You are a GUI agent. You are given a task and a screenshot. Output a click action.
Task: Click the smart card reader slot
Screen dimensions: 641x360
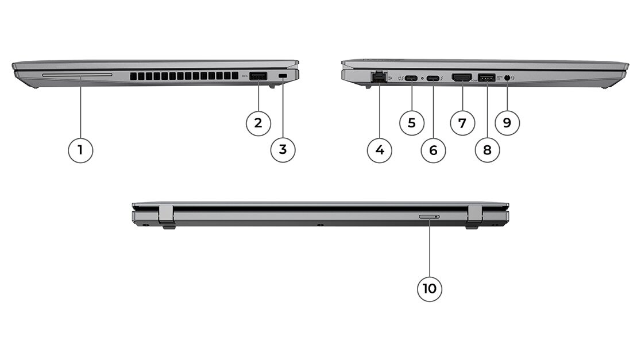(x=77, y=75)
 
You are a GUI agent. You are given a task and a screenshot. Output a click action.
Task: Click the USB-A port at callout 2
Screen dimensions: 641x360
(x=258, y=76)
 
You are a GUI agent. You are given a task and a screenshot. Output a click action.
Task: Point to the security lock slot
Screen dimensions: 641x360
(x=283, y=76)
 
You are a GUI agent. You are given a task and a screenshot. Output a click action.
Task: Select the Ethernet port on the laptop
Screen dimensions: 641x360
(x=379, y=77)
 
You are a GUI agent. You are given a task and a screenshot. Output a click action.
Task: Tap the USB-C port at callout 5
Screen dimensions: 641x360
(x=411, y=78)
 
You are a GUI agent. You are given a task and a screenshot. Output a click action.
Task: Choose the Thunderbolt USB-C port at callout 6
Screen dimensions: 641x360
(x=433, y=78)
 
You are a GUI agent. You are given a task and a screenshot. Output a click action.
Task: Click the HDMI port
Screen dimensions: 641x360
(x=462, y=78)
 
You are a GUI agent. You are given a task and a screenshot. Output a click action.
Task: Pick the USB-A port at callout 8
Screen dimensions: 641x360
(x=486, y=78)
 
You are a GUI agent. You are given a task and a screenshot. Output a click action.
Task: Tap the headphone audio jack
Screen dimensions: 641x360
(x=507, y=77)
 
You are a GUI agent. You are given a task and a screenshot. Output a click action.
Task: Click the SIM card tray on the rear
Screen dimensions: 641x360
(x=430, y=216)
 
